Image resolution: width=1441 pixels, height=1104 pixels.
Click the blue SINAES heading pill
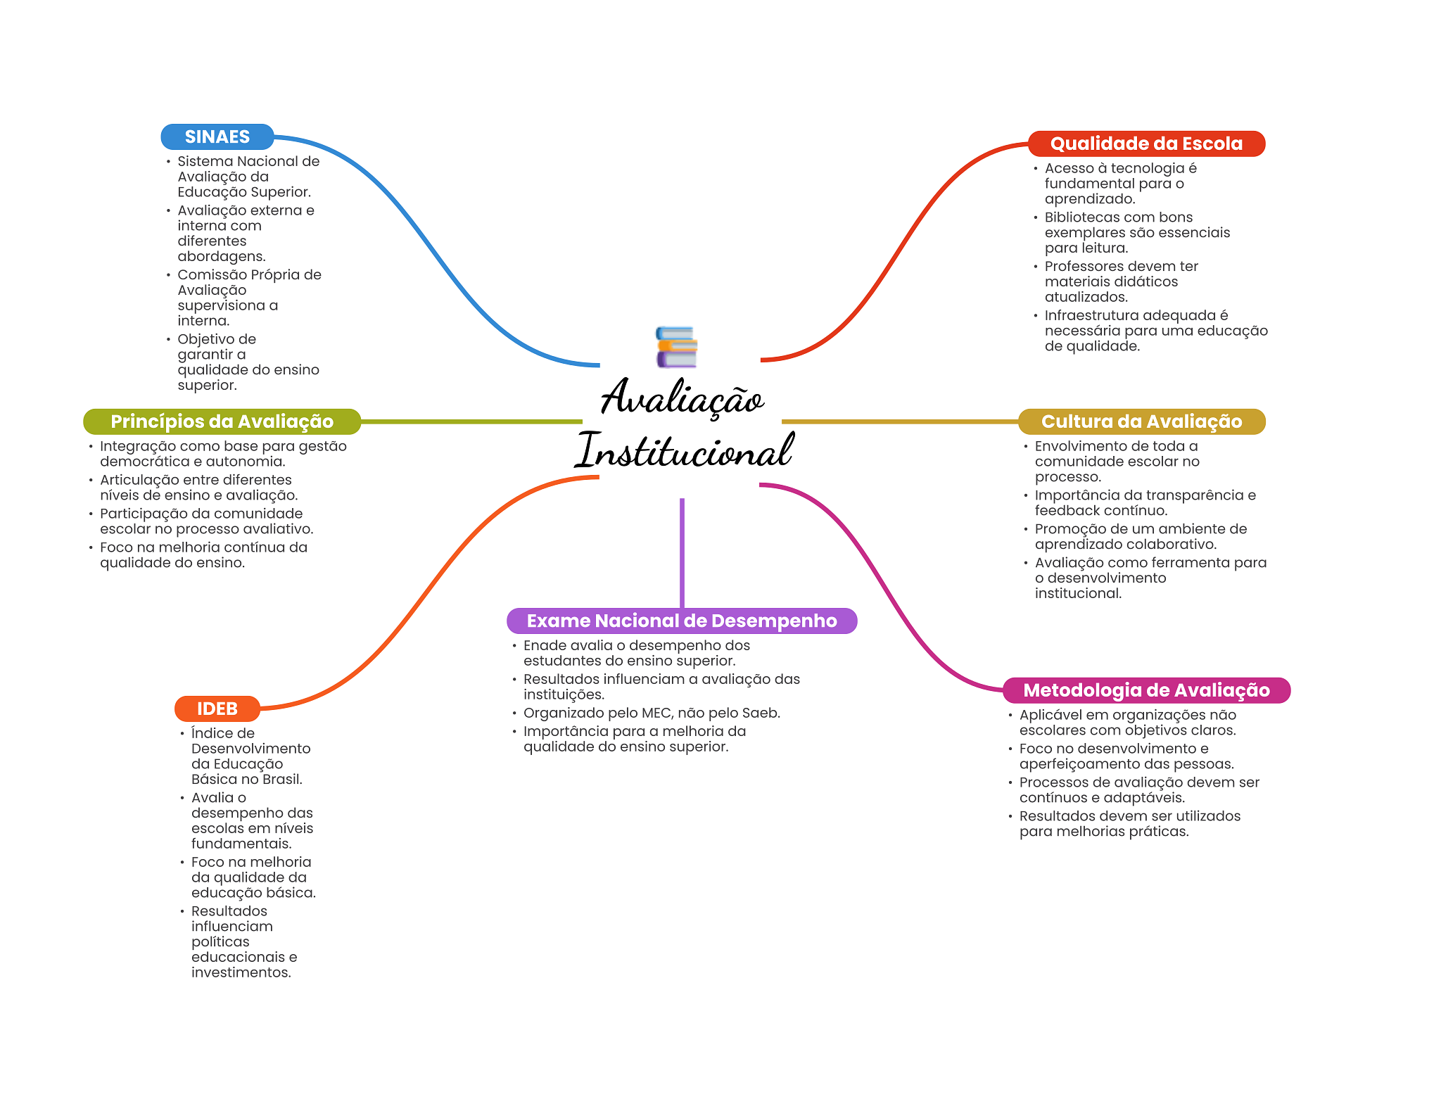point(217,137)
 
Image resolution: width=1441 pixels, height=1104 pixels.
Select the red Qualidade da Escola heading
point(1145,144)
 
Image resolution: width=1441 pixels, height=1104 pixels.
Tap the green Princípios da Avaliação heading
point(222,421)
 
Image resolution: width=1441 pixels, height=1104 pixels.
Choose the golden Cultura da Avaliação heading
point(1141,421)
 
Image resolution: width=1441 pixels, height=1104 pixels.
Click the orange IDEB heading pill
point(217,709)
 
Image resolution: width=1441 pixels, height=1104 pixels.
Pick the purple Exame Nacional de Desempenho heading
point(681,621)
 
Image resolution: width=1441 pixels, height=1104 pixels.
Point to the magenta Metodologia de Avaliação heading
point(1145,690)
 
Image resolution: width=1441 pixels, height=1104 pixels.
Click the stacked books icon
point(676,347)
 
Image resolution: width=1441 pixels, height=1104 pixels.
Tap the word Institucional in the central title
point(684,451)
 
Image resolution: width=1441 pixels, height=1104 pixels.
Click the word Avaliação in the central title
point(682,398)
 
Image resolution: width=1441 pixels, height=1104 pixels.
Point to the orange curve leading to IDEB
point(422,591)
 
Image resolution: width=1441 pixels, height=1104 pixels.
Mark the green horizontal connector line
point(471,421)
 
